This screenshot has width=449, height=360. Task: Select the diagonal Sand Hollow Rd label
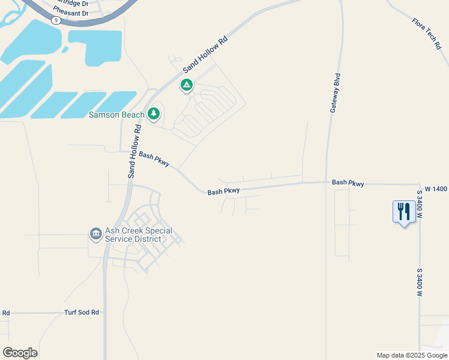(206, 55)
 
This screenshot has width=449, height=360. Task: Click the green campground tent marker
(187, 86)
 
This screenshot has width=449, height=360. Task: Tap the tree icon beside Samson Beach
(154, 113)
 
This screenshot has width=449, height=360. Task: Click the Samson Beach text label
(116, 115)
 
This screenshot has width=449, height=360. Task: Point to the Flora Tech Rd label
(427, 34)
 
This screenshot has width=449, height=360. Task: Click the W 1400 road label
(436, 189)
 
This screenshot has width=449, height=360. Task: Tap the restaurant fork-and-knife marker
(404, 212)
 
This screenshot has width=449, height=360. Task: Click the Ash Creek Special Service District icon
(95, 233)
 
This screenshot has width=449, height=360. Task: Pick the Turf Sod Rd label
(82, 313)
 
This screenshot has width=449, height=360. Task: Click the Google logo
(20, 352)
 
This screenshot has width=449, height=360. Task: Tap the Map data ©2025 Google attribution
(412, 355)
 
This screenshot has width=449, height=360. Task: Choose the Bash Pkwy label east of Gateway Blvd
(348, 182)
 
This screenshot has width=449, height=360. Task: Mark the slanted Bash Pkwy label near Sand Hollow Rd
(154, 158)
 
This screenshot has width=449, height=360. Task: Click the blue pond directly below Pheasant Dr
(96, 46)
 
